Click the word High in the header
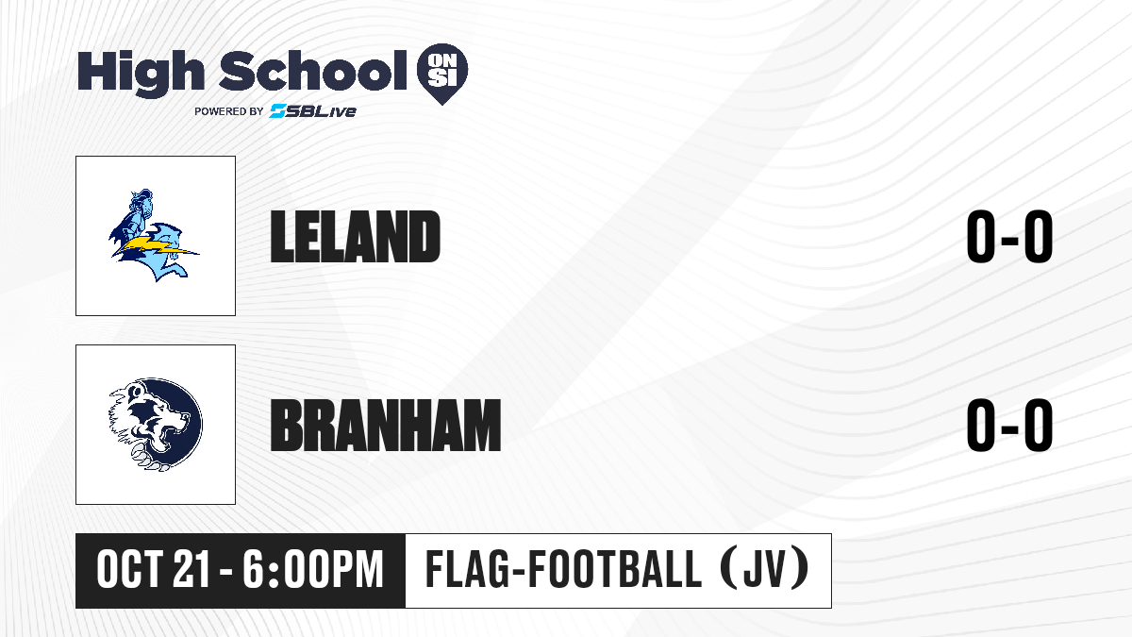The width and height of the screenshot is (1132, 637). tap(141, 73)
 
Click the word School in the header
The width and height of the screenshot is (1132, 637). tap(313, 70)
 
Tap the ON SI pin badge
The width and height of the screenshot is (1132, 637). tap(442, 74)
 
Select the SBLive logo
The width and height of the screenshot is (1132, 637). tap(312, 111)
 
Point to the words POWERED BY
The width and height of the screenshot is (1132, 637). tap(229, 111)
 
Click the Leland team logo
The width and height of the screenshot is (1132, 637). tap(155, 236)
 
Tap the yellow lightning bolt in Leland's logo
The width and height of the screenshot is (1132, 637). tap(154, 247)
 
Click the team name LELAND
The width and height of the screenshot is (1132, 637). tap(356, 237)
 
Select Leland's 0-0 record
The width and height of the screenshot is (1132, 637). tap(1009, 237)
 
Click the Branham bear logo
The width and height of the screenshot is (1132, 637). tap(155, 425)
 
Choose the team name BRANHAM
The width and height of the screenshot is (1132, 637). tap(386, 426)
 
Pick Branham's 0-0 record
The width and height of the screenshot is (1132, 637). tap(1009, 426)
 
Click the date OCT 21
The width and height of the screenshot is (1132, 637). tap(153, 570)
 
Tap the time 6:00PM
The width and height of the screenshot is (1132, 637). tap(313, 570)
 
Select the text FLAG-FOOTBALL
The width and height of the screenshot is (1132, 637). tap(563, 570)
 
